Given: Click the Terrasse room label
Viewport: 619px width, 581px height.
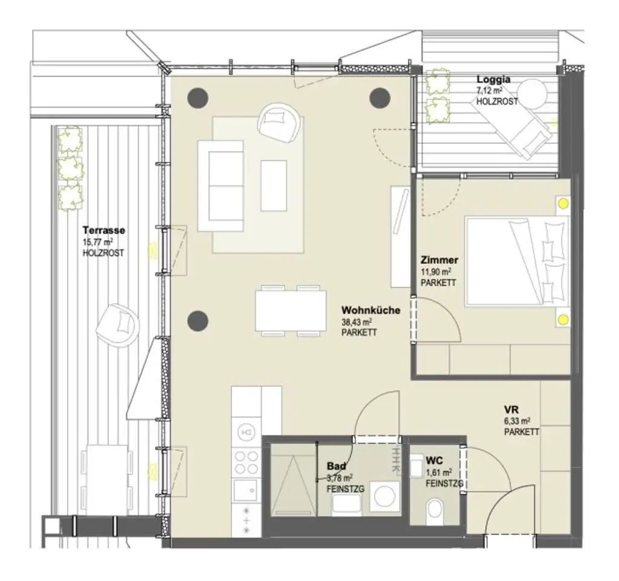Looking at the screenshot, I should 104,230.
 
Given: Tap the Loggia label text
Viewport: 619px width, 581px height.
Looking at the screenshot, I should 493,79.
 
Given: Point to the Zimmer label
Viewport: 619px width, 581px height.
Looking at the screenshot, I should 439,260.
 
